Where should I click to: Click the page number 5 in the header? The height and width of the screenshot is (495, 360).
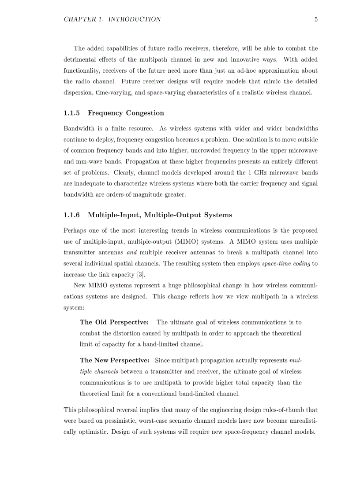[316, 19]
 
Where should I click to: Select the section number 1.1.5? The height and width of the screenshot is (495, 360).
[72, 113]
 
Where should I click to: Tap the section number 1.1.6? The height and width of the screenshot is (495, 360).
[72, 215]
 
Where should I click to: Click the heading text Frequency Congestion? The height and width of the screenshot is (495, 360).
[126, 113]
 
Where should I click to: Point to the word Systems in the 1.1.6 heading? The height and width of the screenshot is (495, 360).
[216, 215]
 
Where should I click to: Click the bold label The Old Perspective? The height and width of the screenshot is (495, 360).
[114, 323]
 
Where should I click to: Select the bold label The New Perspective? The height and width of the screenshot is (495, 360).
[114, 361]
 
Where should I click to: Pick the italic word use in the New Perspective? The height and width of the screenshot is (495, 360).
[147, 383]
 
